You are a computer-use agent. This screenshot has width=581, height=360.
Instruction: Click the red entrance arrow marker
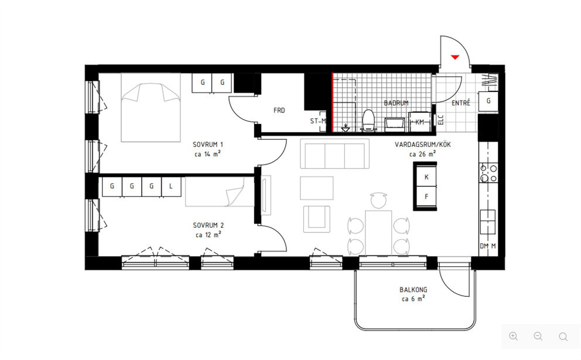455,57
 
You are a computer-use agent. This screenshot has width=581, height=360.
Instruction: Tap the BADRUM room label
396,103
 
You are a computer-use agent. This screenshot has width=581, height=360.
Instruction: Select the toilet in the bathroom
368,120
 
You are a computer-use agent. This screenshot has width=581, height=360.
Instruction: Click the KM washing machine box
420,122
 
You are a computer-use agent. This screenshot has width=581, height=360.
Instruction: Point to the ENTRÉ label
461,103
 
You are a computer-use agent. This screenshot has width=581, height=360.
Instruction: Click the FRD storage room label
279,111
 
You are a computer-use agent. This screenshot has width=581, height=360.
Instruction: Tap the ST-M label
318,121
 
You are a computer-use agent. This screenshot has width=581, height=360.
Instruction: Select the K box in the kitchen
426,177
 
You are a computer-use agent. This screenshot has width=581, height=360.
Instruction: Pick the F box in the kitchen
426,197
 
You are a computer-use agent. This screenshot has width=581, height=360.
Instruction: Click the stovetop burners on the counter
488,174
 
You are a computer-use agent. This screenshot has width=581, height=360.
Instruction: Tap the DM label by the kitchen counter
484,246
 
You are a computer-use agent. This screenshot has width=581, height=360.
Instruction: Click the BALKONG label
413,290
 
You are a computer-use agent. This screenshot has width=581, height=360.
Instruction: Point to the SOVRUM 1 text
208,145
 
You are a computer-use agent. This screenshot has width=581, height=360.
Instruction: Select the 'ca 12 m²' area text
209,235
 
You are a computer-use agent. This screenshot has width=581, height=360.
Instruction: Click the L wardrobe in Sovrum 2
171,186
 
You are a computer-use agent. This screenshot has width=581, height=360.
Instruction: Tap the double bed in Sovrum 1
151,107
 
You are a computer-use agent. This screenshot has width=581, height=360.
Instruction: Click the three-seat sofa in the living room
334,154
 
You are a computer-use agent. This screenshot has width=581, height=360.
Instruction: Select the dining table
378,232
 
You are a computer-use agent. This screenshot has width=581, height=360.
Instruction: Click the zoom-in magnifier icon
513,337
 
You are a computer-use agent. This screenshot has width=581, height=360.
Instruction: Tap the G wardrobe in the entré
488,101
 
